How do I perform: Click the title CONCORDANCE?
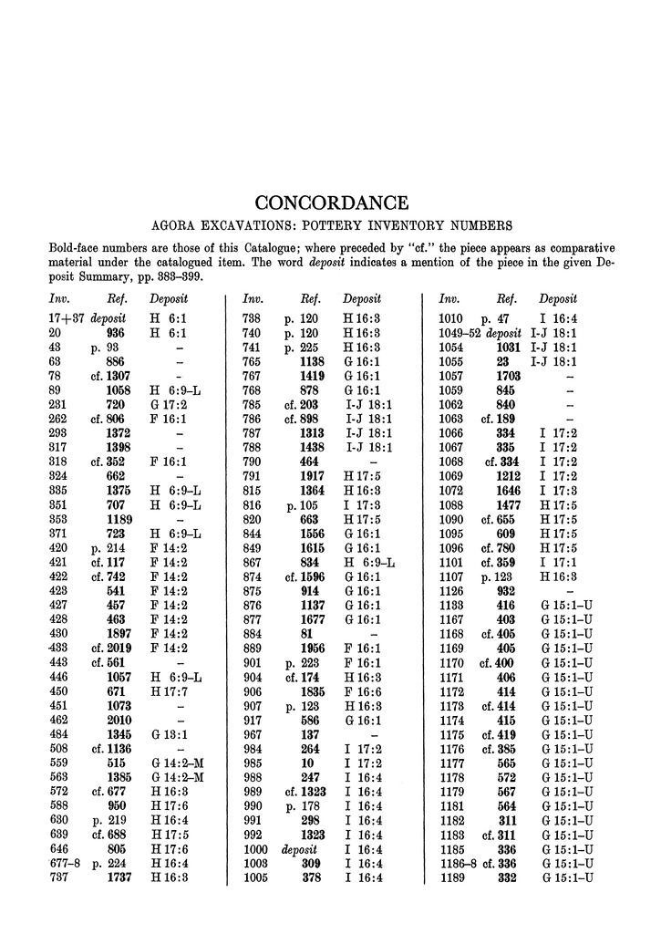click(x=331, y=202)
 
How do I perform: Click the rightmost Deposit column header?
click(x=558, y=298)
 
